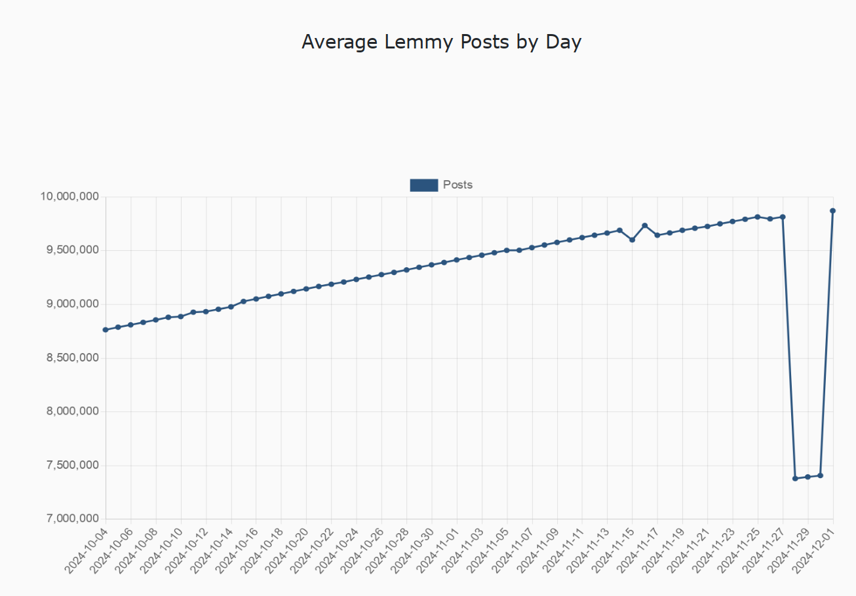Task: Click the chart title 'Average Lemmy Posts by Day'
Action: tap(441, 42)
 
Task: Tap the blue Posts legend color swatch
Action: tap(423, 185)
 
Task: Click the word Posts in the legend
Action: tap(457, 185)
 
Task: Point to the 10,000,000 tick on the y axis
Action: tap(70, 196)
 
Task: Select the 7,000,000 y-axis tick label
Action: tap(70, 519)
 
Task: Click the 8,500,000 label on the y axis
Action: tap(70, 358)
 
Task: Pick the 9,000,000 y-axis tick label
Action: tap(70, 304)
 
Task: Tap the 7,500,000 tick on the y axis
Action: tap(70, 465)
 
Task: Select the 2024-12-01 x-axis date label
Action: tap(815, 551)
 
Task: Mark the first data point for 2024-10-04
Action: tap(106, 329)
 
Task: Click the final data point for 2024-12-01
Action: tap(833, 211)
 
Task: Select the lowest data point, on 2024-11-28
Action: tap(795, 478)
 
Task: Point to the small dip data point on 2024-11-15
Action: tap(632, 240)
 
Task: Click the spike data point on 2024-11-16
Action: tap(645, 225)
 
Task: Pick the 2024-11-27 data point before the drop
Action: tap(783, 217)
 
